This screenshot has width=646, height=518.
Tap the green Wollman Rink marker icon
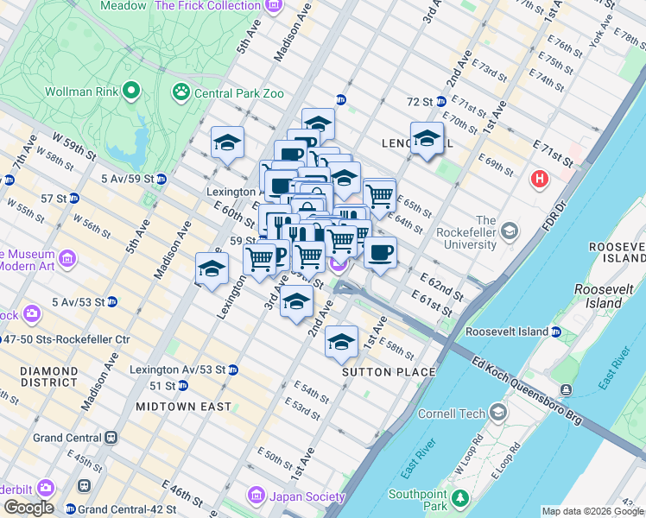(x=132, y=90)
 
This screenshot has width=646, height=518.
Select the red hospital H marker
(x=540, y=180)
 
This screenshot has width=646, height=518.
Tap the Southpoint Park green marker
(x=461, y=498)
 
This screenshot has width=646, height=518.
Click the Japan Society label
(x=307, y=496)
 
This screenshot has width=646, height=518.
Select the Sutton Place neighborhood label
(x=388, y=372)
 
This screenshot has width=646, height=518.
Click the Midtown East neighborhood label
(x=183, y=406)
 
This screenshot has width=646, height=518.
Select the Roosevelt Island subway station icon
(x=557, y=332)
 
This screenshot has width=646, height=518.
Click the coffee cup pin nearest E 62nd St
(x=380, y=251)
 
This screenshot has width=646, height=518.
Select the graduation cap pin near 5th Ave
(x=227, y=142)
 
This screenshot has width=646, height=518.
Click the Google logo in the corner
(x=28, y=508)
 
